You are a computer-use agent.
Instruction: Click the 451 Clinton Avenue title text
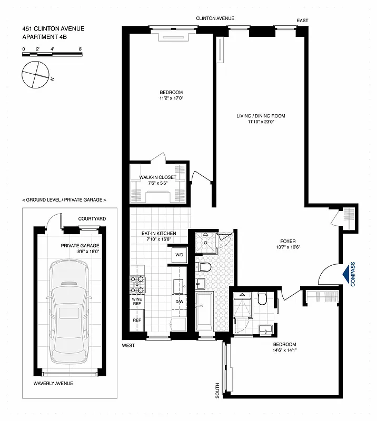pos(53,29)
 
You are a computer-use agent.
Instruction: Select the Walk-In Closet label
pos(157,177)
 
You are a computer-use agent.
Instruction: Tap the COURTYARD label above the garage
pos(92,218)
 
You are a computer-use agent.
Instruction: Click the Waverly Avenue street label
pos(53,383)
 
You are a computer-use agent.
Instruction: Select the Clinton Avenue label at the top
pos(215,18)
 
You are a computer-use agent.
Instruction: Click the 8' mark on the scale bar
pos(80,48)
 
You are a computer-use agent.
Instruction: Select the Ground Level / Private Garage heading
pos(64,200)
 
